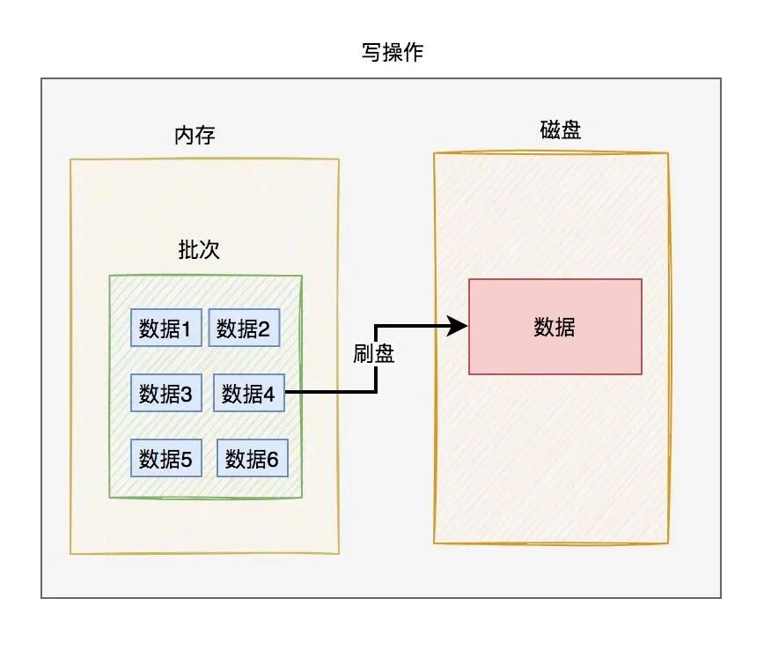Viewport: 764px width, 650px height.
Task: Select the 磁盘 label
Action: tap(560, 130)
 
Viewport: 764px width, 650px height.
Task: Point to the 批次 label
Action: tap(199, 250)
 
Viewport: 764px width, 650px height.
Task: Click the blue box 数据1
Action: tap(165, 329)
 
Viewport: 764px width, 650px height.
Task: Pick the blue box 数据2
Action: tap(243, 329)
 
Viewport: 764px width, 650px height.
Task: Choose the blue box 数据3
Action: tap(165, 393)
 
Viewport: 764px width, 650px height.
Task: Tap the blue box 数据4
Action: tap(247, 393)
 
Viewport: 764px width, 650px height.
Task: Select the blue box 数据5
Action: tap(165, 458)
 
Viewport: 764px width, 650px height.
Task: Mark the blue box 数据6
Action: tap(252, 458)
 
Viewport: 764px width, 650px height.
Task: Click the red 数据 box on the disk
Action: tap(555, 327)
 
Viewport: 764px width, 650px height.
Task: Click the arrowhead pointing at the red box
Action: tap(459, 327)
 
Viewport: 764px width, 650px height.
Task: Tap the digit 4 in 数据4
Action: tap(269, 394)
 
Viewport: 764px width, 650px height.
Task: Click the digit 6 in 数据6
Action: tap(273, 459)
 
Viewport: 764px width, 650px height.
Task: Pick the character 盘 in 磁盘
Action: tap(570, 130)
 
